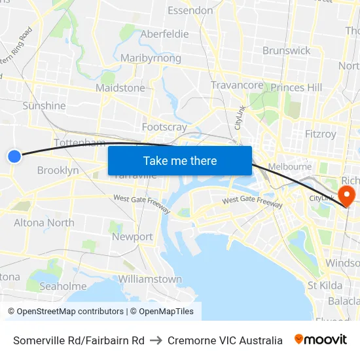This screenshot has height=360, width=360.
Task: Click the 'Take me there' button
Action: [x=180, y=160]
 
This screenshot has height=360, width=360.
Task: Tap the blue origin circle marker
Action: [x=14, y=156]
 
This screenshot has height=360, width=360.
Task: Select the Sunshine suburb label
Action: [x=44, y=105]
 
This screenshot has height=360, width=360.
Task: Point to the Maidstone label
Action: [x=120, y=88]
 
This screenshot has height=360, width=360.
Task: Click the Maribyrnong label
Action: [x=151, y=58]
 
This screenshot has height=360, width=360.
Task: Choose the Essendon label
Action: [x=190, y=10]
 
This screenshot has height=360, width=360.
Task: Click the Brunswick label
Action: [x=286, y=50]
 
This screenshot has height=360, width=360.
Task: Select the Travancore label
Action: [x=237, y=85]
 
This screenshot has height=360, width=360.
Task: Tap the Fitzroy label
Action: [x=320, y=134]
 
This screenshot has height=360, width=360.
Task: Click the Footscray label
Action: [x=164, y=127]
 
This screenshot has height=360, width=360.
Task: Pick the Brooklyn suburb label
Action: [x=58, y=170]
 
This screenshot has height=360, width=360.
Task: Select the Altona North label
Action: [x=44, y=223]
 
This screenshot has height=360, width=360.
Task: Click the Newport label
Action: [x=132, y=237]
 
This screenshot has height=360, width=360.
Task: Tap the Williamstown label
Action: [x=150, y=279]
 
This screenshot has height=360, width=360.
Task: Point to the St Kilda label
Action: [x=325, y=285]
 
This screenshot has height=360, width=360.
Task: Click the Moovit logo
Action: [x=321, y=340]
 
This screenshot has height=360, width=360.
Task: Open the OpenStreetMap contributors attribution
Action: [x=66, y=311]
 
